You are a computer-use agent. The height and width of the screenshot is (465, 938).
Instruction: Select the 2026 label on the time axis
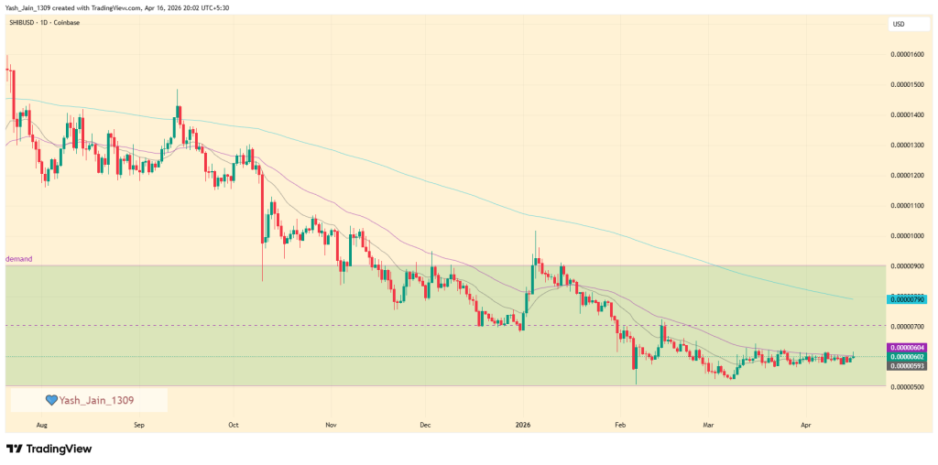pos(523,426)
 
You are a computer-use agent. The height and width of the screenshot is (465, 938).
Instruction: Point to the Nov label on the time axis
pos(331,426)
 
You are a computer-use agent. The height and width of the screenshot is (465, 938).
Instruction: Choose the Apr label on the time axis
pos(806,426)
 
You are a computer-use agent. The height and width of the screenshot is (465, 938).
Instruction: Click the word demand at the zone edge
pos(19,259)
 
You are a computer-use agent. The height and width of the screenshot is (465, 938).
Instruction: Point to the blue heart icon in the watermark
pos(52,400)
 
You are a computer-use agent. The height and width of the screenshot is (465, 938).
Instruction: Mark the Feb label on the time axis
pos(620,426)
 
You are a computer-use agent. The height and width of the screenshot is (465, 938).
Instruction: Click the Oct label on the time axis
pos(234,426)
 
